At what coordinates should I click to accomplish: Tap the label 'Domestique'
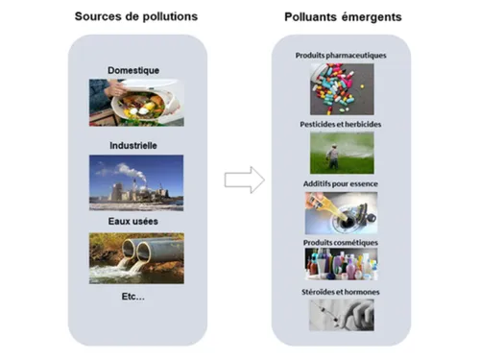tap(133, 69)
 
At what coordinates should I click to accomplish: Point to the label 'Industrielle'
tap(133, 146)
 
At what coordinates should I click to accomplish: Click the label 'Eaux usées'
tap(133, 222)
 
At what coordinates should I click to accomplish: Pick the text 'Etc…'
tap(133, 297)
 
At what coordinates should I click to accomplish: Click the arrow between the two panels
tap(244, 180)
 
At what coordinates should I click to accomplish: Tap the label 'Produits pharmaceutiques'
tap(342, 56)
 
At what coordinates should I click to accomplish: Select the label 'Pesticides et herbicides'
tap(342, 126)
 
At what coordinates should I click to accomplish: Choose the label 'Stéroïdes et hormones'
tap(342, 291)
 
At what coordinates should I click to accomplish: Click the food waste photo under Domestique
tap(136, 101)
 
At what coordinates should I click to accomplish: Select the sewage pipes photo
tap(136, 256)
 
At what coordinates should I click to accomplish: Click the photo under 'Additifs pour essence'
tap(342, 212)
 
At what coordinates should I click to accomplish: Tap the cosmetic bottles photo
tap(342, 264)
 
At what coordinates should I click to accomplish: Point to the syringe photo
tap(342, 314)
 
